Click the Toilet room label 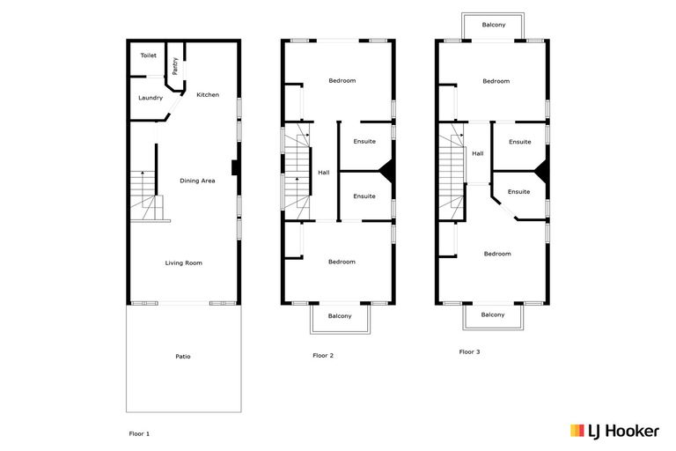click(148, 55)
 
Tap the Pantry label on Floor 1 click(176, 66)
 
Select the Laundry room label click(151, 98)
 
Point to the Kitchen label click(208, 95)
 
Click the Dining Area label click(197, 181)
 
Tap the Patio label click(182, 357)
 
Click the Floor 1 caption click(140, 434)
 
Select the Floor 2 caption click(322, 356)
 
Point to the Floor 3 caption click(469, 351)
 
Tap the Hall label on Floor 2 click(323, 173)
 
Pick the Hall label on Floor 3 click(477, 153)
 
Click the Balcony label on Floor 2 click(340, 316)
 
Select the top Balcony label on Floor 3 click(494, 25)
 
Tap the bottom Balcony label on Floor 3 click(493, 314)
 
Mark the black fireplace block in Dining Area click(233, 167)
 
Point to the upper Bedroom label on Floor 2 click(342, 81)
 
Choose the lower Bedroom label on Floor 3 click(496, 254)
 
